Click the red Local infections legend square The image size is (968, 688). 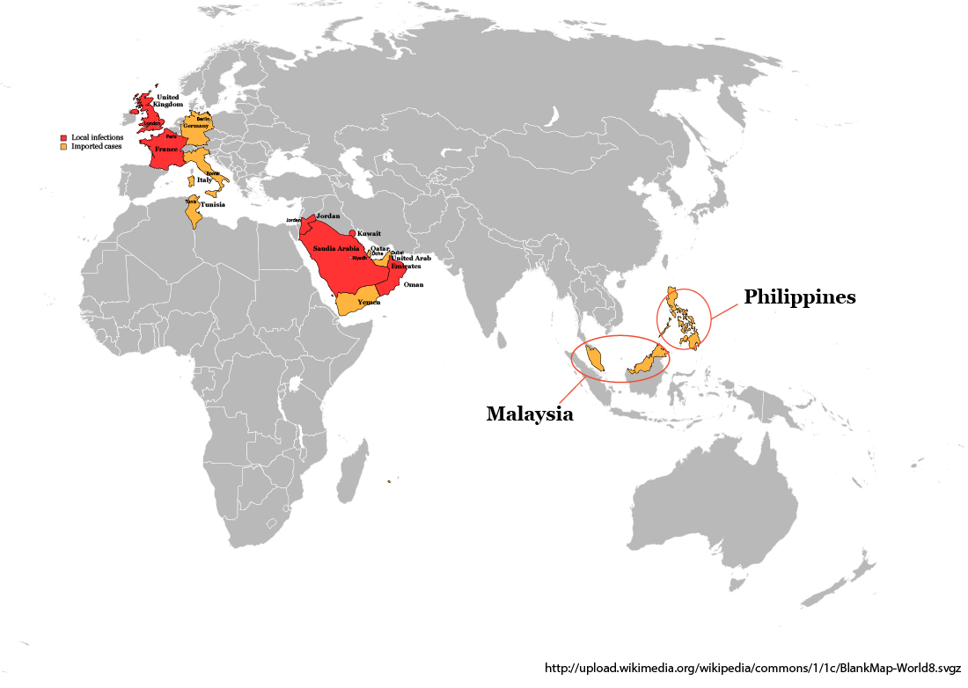coord(63,138)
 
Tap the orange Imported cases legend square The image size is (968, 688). coord(63,146)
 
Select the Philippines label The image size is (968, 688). coord(799,297)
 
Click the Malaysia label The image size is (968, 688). coord(530,414)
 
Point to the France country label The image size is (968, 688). coord(166,150)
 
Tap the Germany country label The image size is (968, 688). coord(195,127)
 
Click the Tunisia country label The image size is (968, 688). coord(213,205)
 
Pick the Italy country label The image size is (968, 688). coord(204,180)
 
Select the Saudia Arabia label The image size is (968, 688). coord(336,249)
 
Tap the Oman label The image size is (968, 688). coord(414,285)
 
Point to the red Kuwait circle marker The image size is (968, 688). coord(353,233)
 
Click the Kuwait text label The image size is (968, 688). coord(370,233)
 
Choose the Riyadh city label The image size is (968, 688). coord(359,258)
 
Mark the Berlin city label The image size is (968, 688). coord(203,118)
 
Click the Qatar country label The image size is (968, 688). coord(379,248)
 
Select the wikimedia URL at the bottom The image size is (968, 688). coord(752,668)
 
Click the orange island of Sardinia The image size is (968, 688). coord(189,181)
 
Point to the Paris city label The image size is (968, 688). coord(171,137)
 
